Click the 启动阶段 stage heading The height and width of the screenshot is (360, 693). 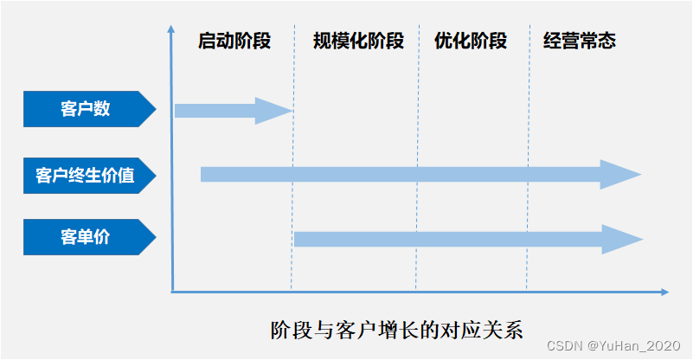(x=234, y=41)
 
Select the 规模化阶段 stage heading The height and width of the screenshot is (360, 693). (x=358, y=41)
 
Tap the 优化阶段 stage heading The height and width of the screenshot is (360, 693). (x=471, y=41)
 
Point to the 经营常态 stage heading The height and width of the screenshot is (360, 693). (x=580, y=41)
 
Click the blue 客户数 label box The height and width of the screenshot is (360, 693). (x=86, y=109)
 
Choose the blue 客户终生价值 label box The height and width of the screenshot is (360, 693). (x=86, y=176)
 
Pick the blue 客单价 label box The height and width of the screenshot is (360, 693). (x=86, y=237)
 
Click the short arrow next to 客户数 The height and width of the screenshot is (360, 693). (x=229, y=111)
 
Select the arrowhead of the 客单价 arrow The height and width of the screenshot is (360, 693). (x=623, y=239)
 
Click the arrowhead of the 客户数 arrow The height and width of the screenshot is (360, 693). (x=275, y=111)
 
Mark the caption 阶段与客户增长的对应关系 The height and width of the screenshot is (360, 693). (x=397, y=330)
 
